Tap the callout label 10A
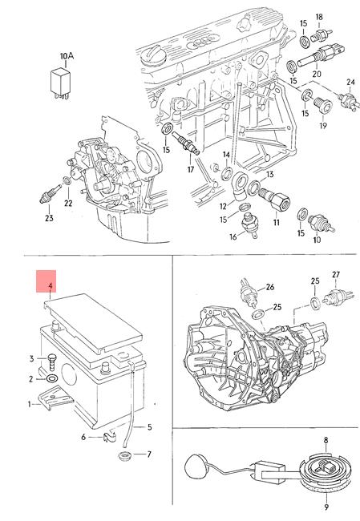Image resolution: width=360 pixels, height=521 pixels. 67,56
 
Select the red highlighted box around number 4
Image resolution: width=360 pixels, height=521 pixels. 47,281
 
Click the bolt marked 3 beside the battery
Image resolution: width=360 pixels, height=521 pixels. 51,362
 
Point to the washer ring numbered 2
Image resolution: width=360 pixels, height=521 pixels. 52,378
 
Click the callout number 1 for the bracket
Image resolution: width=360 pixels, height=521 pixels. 29,404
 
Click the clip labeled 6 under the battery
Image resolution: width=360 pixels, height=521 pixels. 109,437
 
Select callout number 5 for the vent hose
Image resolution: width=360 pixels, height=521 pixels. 150,427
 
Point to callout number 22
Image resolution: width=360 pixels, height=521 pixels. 68,203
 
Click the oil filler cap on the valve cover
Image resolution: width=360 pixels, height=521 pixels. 153,56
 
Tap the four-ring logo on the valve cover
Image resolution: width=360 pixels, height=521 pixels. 200,42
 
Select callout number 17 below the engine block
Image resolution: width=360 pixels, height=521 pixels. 191,169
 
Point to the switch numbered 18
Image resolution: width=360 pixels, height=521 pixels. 321,35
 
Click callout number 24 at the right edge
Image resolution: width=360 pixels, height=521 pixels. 350,82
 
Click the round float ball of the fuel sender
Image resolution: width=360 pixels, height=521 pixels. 196,466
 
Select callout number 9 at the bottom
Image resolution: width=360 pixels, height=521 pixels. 326,507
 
